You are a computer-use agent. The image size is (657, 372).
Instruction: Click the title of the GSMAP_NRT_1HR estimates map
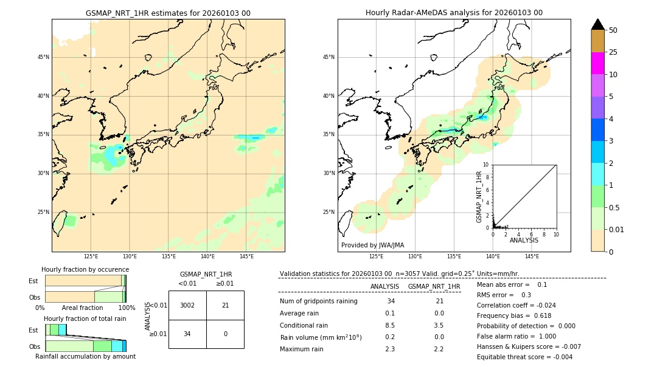[x=168, y=13]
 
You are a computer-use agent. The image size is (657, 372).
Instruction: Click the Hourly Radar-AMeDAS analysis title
[x=454, y=13]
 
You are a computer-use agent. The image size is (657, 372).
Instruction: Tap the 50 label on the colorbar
[x=613, y=30]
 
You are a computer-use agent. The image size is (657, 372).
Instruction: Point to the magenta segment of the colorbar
[x=597, y=63]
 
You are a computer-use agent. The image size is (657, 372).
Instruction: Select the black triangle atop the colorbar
[x=597, y=24]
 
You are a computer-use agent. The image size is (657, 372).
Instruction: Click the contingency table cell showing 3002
[x=187, y=305]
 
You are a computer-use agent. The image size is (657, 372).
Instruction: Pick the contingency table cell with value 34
[x=187, y=334]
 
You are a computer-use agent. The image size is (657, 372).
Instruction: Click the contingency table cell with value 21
[x=225, y=305]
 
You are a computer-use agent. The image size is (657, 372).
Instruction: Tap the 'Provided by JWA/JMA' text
[x=372, y=245]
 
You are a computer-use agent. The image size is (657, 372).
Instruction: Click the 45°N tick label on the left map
[x=43, y=57]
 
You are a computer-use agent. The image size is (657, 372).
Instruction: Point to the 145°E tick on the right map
[x=532, y=257]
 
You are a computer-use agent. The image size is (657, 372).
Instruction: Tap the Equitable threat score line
[x=524, y=357]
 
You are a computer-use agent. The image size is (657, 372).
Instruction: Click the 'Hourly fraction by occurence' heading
[x=85, y=269]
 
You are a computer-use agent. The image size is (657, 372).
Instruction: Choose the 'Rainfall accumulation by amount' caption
[x=85, y=356]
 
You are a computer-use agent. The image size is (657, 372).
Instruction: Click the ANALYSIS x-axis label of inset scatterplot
[x=524, y=240]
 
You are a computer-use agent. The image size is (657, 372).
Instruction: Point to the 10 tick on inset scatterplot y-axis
[x=486, y=165]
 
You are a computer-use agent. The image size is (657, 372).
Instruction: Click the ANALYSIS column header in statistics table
[x=384, y=286]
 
